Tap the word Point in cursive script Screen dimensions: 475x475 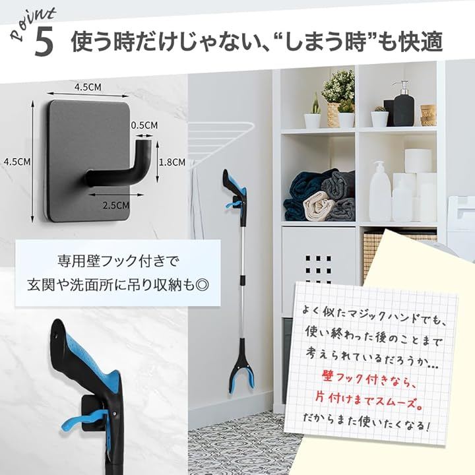[x=33, y=24]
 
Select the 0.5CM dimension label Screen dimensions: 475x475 [x=144, y=125]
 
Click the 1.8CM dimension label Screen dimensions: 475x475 [x=172, y=162]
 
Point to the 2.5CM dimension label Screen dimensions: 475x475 [x=116, y=205]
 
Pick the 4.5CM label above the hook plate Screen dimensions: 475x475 [x=88, y=87]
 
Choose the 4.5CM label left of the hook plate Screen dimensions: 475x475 [x=17, y=162]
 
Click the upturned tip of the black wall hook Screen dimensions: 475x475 [x=144, y=142]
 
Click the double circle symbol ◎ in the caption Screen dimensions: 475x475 [x=202, y=285]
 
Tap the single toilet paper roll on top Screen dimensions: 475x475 [x=418, y=160]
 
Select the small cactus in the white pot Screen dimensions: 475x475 [x=379, y=116]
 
